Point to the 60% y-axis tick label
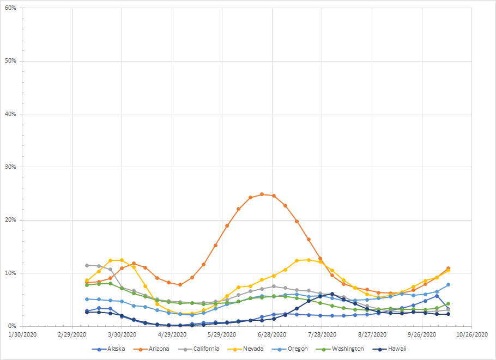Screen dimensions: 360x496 pos(9,8)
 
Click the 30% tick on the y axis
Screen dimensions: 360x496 pos(9,167)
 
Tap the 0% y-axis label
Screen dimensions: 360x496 pos(11,326)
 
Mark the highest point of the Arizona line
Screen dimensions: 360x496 pos(262,194)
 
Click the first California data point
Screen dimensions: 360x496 pos(87,265)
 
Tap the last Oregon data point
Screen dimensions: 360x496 pos(448,284)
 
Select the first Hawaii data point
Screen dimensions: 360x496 pos(87,312)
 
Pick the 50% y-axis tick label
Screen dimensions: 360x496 pos(9,61)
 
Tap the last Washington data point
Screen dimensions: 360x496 pos(448,303)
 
